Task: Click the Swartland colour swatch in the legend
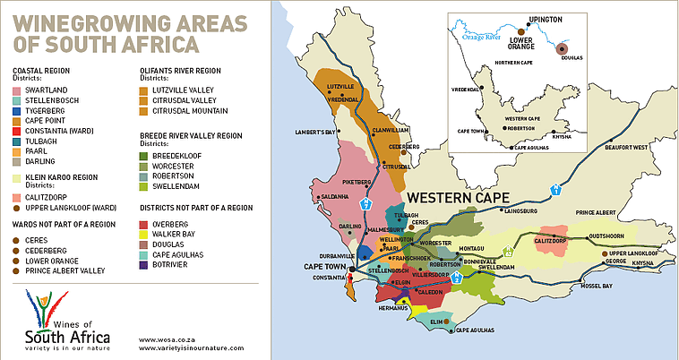(19, 90)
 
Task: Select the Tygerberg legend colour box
(19, 110)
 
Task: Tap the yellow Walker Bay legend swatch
(146, 233)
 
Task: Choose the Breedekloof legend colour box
(146, 156)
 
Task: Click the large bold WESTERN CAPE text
(457, 197)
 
